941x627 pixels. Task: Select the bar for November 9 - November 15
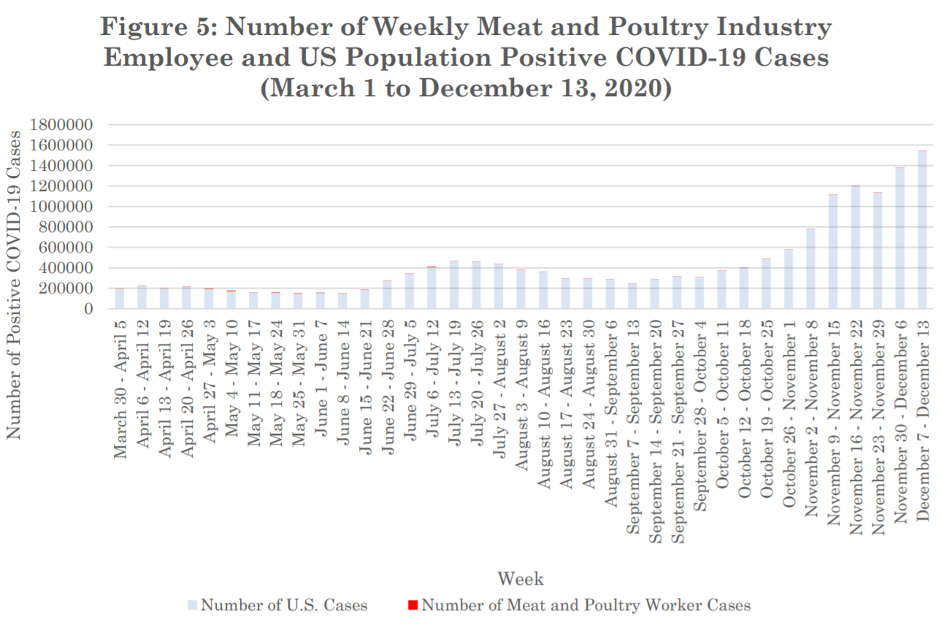pyautogui.click(x=833, y=252)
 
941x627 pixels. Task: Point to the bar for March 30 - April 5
pyautogui.click(x=119, y=299)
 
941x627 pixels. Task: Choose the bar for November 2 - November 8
pyautogui.click(x=810, y=269)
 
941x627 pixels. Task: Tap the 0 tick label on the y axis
pyautogui.click(x=89, y=309)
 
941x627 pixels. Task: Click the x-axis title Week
pyautogui.click(x=521, y=579)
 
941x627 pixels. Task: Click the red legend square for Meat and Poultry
pyautogui.click(x=412, y=605)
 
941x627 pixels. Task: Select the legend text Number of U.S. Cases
pyautogui.click(x=284, y=605)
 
